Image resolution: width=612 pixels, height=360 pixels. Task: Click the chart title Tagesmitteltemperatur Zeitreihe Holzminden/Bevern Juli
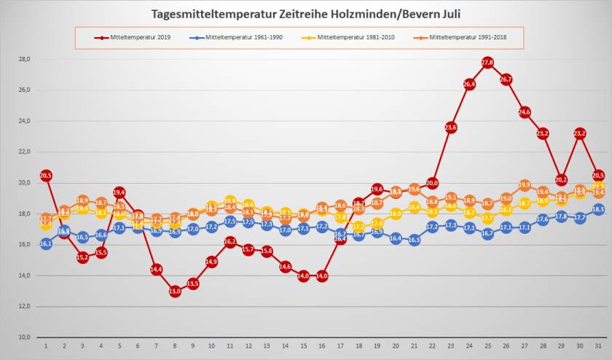pos(305,14)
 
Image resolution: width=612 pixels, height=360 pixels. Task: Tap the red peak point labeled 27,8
pos(487,63)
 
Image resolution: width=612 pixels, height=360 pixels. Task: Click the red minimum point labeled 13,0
pos(175,291)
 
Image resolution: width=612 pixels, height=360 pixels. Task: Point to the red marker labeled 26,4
pos(469,85)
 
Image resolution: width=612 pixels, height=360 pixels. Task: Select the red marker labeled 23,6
pos(450,128)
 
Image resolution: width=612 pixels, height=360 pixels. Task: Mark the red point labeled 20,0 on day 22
pos(432,183)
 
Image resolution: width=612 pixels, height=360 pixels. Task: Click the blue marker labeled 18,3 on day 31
pos(598,209)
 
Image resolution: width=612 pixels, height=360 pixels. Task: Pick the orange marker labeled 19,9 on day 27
pos(525,185)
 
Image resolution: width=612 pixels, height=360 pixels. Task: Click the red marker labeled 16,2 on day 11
pos(230,241)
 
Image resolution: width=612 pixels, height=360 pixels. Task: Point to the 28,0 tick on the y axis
pos(24,59)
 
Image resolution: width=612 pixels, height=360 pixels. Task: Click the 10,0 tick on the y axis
pos(24,337)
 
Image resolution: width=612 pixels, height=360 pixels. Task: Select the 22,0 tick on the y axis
pos(24,152)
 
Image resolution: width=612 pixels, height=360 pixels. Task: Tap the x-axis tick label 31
pos(598,347)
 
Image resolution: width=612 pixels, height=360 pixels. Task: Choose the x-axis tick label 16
pos(322,347)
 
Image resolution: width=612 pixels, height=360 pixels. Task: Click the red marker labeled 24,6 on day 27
pos(525,112)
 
